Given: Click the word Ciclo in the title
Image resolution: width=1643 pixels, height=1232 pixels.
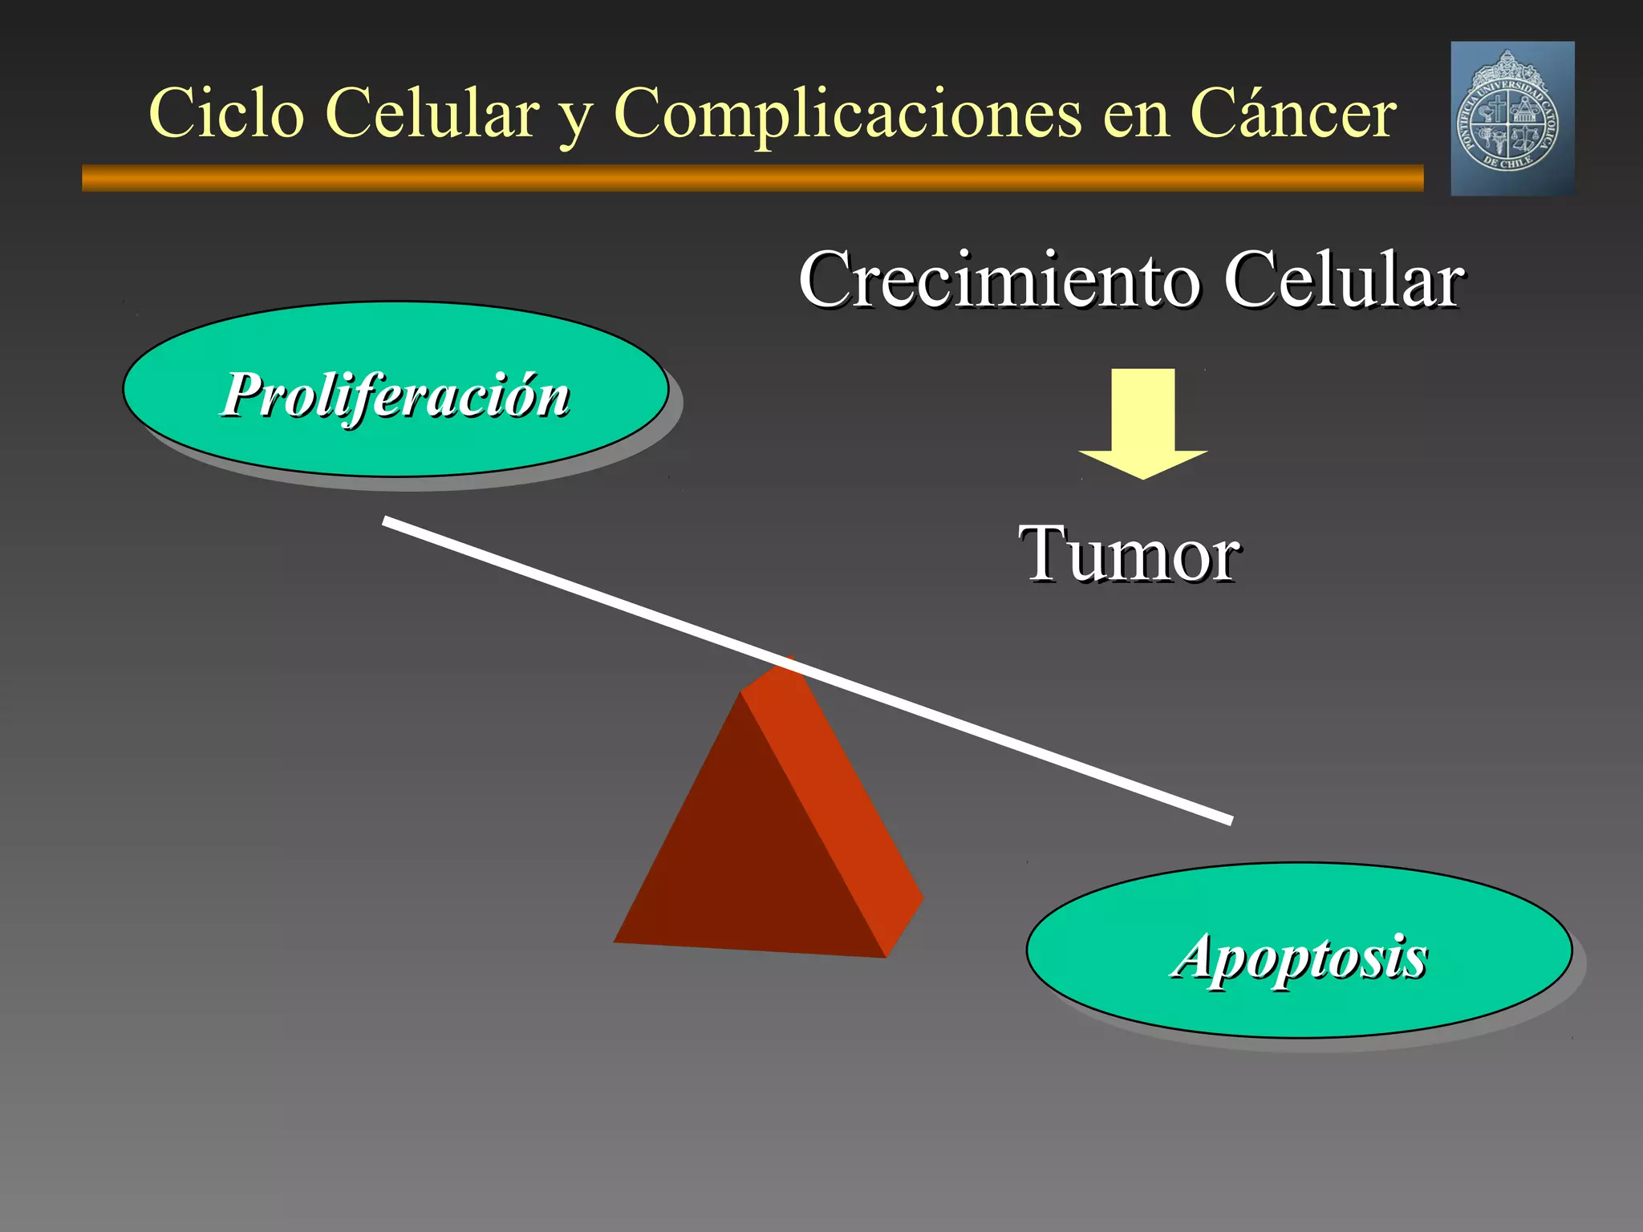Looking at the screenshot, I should [226, 114].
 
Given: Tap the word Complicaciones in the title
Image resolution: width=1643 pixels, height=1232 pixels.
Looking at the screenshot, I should [847, 114].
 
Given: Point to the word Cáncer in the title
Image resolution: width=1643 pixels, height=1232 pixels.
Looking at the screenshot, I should [1292, 114].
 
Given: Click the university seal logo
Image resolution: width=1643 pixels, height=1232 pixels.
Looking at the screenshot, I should [1512, 119].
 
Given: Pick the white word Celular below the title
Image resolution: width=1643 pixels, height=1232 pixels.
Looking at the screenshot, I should [1343, 280].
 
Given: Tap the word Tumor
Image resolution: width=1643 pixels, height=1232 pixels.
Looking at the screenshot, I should [1130, 554].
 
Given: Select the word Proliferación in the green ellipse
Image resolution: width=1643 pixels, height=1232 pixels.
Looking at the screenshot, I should [396, 395].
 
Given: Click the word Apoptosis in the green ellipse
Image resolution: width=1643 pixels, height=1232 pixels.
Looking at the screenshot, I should [1299, 956].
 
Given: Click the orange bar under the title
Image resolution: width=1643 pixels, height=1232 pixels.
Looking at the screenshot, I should [753, 178].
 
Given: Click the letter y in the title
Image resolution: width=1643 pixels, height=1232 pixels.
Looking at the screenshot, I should [574, 120].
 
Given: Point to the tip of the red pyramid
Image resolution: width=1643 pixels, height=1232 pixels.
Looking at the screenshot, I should [788, 661].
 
